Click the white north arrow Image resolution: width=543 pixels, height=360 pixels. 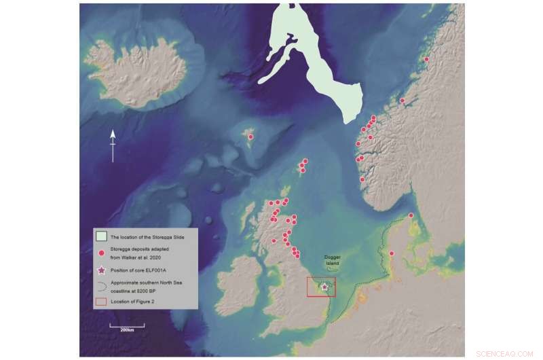coord(113,145)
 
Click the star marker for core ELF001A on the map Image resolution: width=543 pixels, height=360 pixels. coord(324,287)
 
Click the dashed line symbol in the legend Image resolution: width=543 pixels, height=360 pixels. coord(100,283)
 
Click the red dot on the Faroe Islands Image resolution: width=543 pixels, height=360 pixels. coord(250,137)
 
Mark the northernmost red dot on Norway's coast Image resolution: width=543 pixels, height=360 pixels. coord(426,59)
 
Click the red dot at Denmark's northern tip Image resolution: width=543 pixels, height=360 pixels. coord(411,215)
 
